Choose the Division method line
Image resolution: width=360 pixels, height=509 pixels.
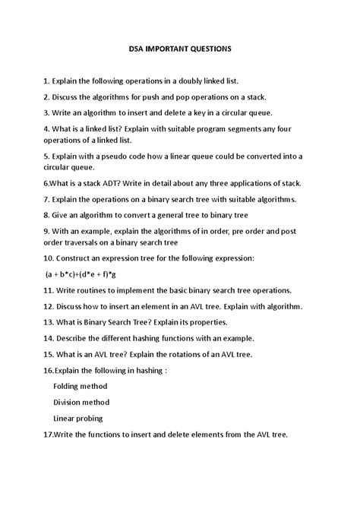click(81, 403)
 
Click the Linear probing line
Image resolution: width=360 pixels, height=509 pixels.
click(78, 419)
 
